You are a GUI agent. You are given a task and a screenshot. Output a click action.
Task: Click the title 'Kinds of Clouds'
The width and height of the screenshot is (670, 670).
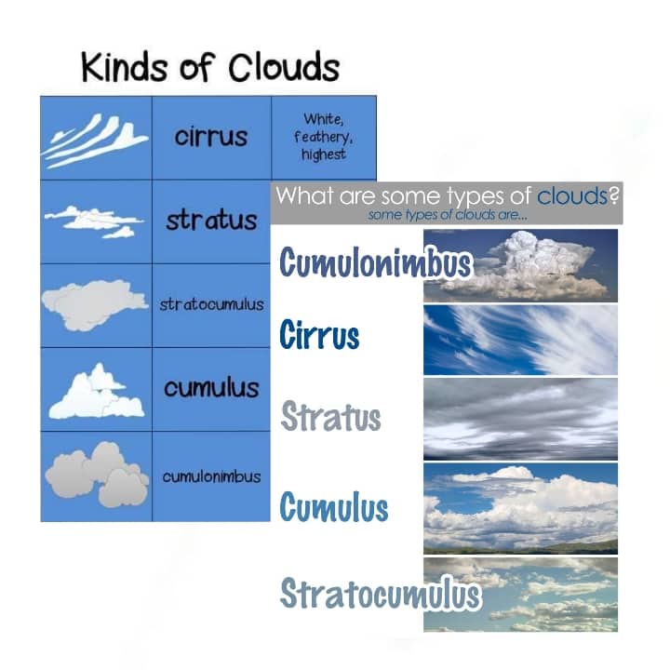pos(210,67)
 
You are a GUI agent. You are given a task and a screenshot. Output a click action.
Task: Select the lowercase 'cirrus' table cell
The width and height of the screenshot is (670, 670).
pos(211,137)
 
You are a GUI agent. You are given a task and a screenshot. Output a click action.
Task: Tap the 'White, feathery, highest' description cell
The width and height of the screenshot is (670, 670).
pos(324,137)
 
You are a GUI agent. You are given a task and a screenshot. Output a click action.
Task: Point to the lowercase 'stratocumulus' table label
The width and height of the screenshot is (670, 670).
pos(211,304)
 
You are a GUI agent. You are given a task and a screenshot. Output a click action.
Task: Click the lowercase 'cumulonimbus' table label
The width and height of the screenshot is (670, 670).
pos(211,476)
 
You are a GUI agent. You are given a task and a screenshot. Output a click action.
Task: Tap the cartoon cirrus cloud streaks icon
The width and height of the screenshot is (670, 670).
pos(95,141)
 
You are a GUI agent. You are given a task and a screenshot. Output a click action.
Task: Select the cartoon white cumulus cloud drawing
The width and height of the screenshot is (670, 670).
pos(97,392)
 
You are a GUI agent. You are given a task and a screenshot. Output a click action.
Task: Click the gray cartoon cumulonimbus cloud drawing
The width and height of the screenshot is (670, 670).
pos(98,475)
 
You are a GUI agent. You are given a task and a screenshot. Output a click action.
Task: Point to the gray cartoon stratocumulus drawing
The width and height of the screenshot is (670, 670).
pos(94,305)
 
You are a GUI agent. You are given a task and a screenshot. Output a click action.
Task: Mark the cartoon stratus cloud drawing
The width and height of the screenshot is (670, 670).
pos(94,221)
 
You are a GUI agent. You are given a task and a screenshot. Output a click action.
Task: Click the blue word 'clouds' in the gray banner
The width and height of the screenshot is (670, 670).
pos(571,195)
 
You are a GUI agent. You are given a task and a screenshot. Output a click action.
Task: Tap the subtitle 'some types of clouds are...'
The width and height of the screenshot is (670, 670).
pos(448,215)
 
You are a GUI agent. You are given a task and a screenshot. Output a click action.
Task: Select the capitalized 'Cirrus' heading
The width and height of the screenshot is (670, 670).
pos(319,335)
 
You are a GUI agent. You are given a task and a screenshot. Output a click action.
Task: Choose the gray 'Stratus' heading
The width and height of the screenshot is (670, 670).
pos(330,416)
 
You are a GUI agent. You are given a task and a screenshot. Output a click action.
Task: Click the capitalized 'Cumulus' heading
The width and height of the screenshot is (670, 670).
pos(334,506)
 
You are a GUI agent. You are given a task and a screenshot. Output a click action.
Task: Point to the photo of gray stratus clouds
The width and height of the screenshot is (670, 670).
pos(520,419)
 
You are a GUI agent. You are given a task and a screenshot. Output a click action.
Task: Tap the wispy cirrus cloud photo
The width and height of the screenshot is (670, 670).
pos(520,340)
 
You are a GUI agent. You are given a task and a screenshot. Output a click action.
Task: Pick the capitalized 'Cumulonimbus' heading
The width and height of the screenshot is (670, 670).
pos(376,262)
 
